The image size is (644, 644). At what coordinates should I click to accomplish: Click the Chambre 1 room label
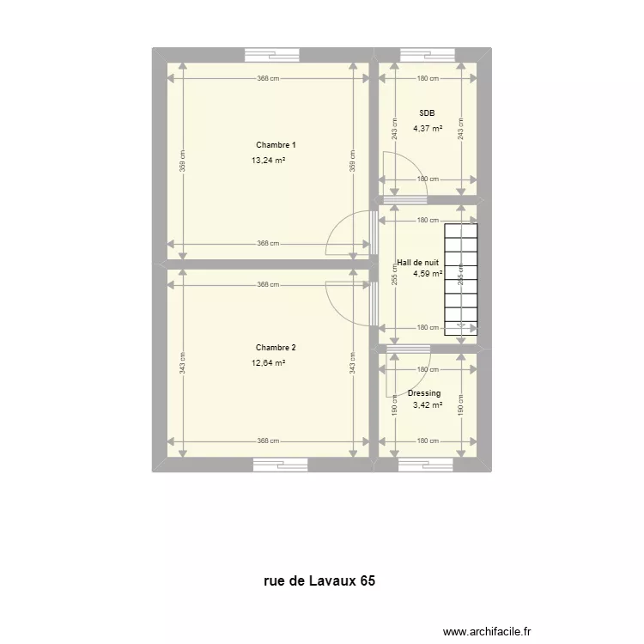click(269, 145)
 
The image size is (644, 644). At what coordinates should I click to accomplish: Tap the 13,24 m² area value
click(268, 160)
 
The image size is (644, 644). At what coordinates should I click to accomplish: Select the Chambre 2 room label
click(276, 348)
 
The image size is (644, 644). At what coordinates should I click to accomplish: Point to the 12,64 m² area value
click(268, 362)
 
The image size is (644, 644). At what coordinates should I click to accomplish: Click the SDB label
click(427, 113)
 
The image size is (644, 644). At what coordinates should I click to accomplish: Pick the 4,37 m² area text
click(427, 129)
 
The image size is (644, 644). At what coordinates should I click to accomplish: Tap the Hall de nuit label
click(418, 263)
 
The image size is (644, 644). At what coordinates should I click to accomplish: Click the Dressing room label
click(424, 393)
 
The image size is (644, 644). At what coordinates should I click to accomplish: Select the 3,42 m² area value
click(427, 405)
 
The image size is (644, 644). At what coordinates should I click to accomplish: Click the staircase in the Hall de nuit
click(460, 278)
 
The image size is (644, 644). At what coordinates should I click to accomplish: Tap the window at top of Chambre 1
click(272, 55)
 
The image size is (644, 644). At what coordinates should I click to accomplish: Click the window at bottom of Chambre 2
click(280, 465)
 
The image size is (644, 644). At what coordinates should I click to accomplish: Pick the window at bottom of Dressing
click(426, 465)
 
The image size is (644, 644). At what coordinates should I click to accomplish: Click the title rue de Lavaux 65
click(319, 581)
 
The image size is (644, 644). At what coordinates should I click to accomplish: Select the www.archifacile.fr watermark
click(487, 629)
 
